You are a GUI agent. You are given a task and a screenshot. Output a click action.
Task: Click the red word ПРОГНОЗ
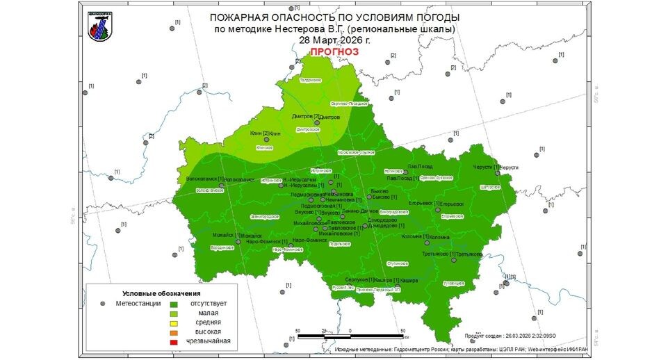tap(334, 52)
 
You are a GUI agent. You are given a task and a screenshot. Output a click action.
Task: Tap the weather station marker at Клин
tap(266, 140)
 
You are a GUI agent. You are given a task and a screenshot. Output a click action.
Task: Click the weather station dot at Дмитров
tap(317, 123)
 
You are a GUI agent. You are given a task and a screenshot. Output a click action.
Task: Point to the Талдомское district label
tap(310, 81)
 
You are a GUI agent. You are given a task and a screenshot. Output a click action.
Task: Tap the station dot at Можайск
tap(238, 242)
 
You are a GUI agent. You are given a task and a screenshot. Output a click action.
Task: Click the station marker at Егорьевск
tap(438, 210)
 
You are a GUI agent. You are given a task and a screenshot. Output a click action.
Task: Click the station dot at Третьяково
tap(453, 260)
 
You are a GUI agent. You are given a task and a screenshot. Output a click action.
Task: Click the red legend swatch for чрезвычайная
tap(174, 341)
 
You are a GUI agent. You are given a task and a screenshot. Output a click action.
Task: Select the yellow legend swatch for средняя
tap(174, 322)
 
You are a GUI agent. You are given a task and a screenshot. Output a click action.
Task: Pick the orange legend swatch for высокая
tap(174, 332)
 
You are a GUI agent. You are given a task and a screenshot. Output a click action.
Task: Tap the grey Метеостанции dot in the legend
tap(103, 304)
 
